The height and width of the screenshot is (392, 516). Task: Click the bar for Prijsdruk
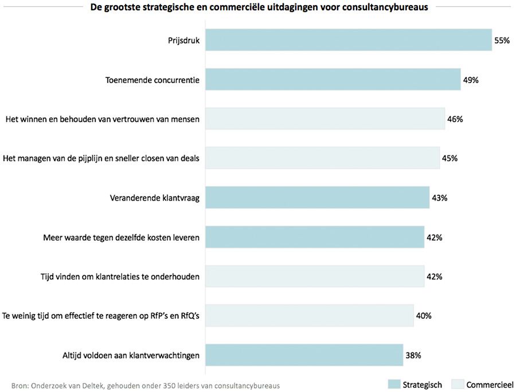click(x=348, y=40)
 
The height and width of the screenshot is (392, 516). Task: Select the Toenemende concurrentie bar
click(x=333, y=80)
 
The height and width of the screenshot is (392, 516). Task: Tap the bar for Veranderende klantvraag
click(x=317, y=198)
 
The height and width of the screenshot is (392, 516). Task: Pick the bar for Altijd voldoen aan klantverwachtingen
click(x=304, y=355)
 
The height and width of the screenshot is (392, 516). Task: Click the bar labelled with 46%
click(x=325, y=119)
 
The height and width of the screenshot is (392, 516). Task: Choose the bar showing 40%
click(x=309, y=315)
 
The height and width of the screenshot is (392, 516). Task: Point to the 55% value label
click(x=502, y=41)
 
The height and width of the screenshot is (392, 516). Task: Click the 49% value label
click(x=471, y=80)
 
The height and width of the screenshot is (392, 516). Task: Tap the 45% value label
click(x=449, y=158)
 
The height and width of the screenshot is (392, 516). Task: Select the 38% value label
click(x=413, y=355)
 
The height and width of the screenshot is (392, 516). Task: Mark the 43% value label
click(x=439, y=198)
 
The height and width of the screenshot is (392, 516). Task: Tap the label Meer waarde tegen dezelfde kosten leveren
click(x=121, y=237)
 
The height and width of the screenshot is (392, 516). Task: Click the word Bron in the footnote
click(x=19, y=385)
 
